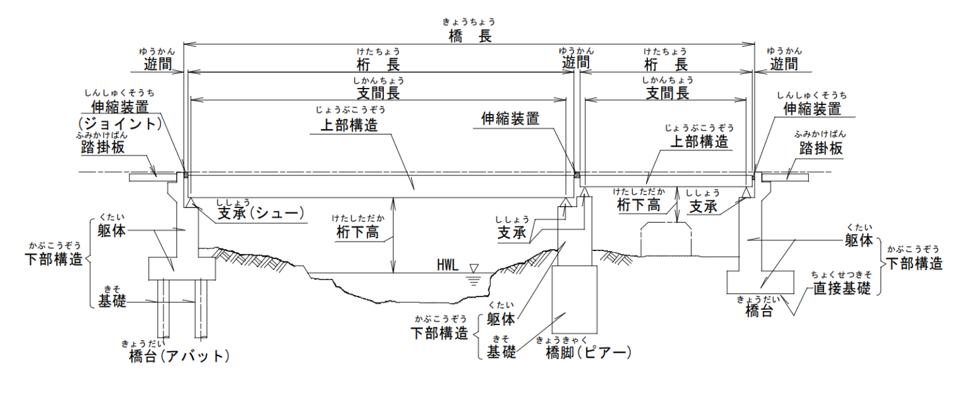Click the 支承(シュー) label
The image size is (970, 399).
[x=261, y=214]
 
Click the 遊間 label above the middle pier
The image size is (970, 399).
[x=576, y=62]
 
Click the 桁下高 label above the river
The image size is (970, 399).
[x=357, y=231]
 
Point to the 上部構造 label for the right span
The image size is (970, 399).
[x=699, y=141]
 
